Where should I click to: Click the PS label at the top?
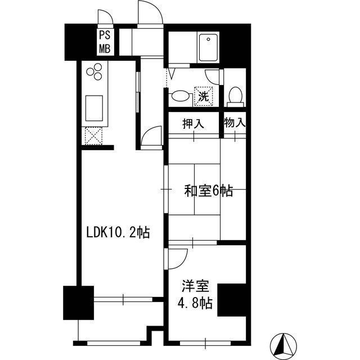pos(105,35)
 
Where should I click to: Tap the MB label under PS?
pos(105,48)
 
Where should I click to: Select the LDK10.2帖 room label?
pos(118,232)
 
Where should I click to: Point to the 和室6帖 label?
pos(208,191)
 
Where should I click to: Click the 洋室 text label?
pos(192,285)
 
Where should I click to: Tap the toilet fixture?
pos(235,96)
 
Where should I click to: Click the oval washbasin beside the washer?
pos(180,96)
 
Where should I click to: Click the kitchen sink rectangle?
pos(93,107)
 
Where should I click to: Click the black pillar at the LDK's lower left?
pos(78,304)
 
